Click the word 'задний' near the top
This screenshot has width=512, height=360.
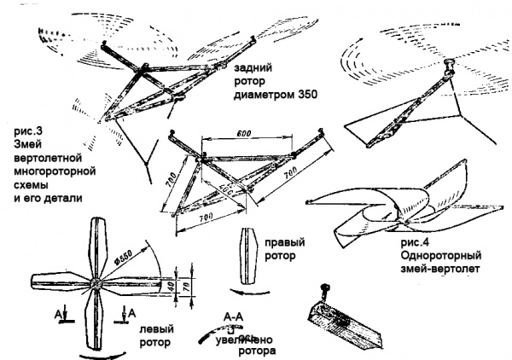(x=250, y=66)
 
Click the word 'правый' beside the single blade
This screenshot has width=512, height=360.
(x=281, y=240)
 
